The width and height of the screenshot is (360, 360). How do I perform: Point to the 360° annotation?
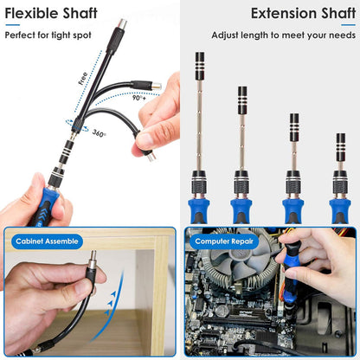100,134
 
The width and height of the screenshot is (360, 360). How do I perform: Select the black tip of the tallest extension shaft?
200,64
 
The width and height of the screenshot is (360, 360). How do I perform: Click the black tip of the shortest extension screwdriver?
340,143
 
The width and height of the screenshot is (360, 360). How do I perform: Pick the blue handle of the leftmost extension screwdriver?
200,208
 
